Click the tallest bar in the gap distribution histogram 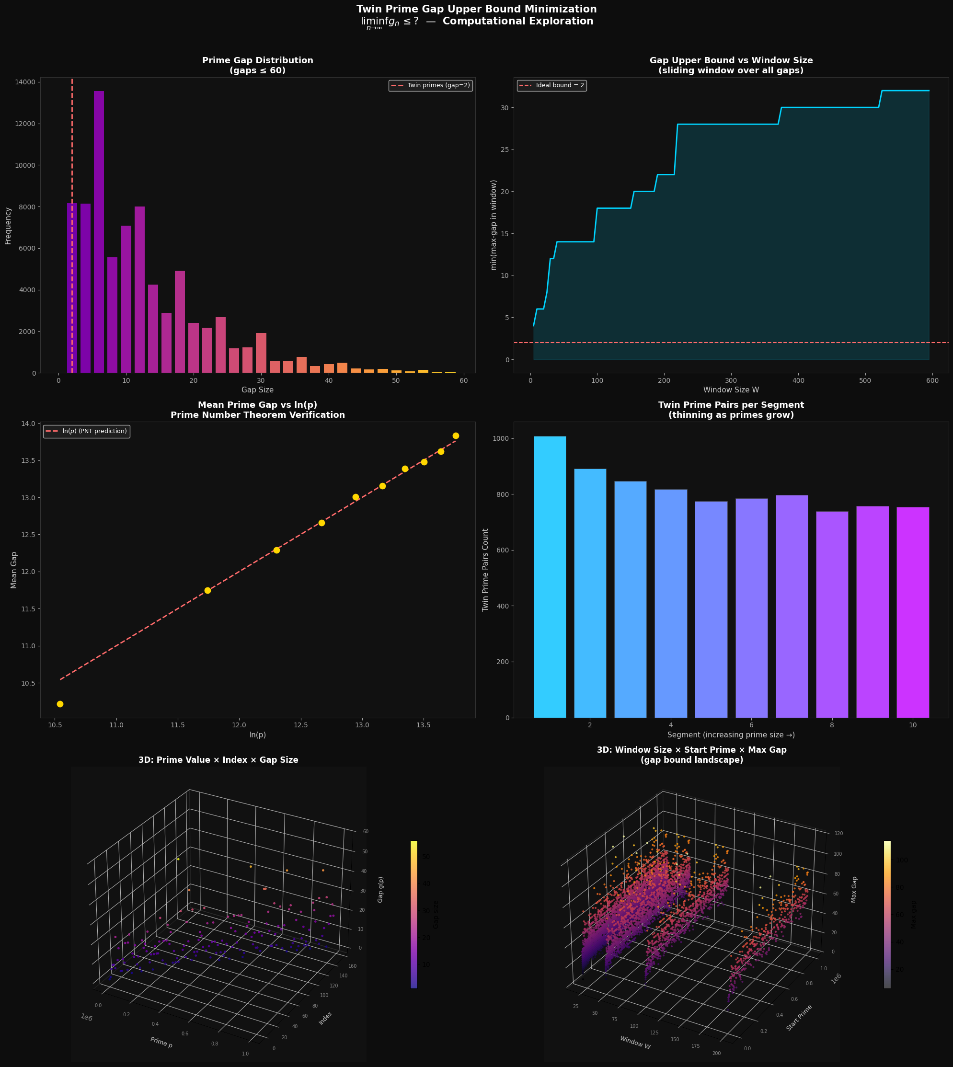pos(99,230)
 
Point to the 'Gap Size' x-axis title pos(257,390)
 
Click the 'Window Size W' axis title pos(731,390)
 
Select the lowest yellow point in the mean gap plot pos(60,704)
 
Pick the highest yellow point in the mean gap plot pos(456,436)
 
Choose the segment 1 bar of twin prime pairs pos(550,576)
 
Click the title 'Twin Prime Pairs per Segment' pos(731,405)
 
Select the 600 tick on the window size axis pos(932,380)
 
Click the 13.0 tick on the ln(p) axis pos(362,725)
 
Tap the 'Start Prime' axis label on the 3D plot pos(799,1017)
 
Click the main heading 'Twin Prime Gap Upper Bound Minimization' pos(476,10)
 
